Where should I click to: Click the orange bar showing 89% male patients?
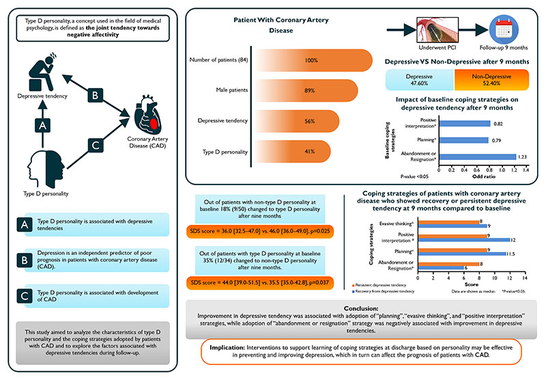point(305,91)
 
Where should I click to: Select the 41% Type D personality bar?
point(292,151)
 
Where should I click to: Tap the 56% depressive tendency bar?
point(296,121)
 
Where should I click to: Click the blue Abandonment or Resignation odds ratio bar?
point(478,157)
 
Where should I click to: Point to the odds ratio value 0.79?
point(496,141)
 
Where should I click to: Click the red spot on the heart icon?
point(154,124)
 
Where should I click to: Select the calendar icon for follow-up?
point(504,29)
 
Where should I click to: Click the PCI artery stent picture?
point(437,30)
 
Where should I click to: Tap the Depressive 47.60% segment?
point(420,80)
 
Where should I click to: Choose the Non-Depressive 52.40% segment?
point(491,80)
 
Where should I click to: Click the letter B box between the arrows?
point(95,95)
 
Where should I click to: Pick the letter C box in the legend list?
point(25,296)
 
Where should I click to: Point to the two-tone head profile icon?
point(46,169)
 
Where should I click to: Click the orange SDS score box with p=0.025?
point(260,231)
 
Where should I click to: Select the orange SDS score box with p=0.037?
point(260,283)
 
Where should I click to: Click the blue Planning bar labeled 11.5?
point(462,254)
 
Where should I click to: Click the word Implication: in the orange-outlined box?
point(227,348)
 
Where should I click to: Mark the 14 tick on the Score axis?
point(524,278)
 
